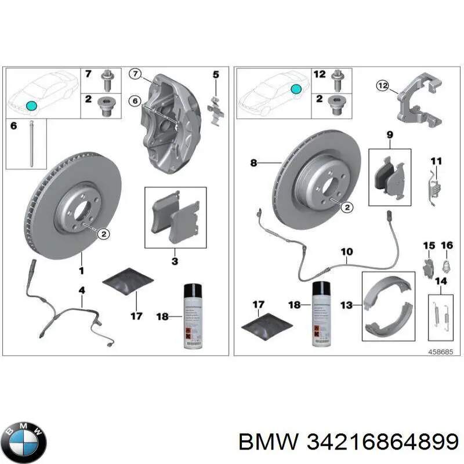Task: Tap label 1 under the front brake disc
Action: [81, 270]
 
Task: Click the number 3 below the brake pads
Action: [175, 262]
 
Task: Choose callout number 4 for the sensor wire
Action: [82, 289]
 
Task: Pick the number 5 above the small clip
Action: [216, 75]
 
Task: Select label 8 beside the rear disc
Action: [253, 164]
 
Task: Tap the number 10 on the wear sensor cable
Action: [346, 252]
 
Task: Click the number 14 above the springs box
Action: [441, 282]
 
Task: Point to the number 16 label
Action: [446, 246]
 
